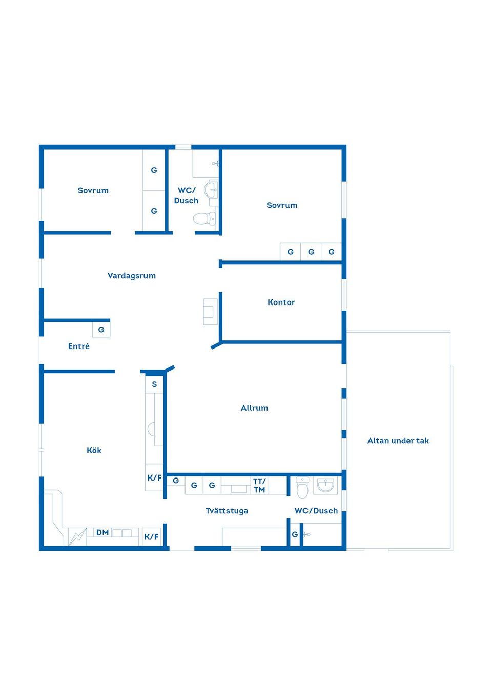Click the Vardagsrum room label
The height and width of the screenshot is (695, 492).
(x=131, y=276)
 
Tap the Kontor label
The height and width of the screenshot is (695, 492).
(x=281, y=302)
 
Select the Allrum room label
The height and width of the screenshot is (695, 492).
(x=254, y=408)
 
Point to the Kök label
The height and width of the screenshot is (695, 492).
(x=94, y=450)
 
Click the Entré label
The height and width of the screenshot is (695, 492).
(x=78, y=346)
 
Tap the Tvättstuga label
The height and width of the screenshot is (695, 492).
(x=227, y=511)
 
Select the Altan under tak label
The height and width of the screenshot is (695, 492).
(x=398, y=441)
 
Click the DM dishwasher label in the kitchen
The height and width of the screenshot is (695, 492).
(x=102, y=533)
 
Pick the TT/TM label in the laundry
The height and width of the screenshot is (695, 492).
(x=259, y=486)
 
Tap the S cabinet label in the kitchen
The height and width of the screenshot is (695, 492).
(x=154, y=384)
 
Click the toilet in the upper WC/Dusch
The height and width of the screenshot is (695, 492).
(x=204, y=219)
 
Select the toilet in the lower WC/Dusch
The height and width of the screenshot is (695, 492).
(x=302, y=487)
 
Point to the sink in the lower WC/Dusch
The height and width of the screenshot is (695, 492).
(x=325, y=486)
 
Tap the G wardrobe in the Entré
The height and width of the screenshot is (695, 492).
(x=101, y=330)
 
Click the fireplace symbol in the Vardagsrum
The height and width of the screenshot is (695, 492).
(x=210, y=312)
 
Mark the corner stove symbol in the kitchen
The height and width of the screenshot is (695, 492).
(x=77, y=537)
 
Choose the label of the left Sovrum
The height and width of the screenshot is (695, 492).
(x=93, y=190)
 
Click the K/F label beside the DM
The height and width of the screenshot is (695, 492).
(x=151, y=537)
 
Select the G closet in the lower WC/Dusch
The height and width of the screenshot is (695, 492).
(x=295, y=534)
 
